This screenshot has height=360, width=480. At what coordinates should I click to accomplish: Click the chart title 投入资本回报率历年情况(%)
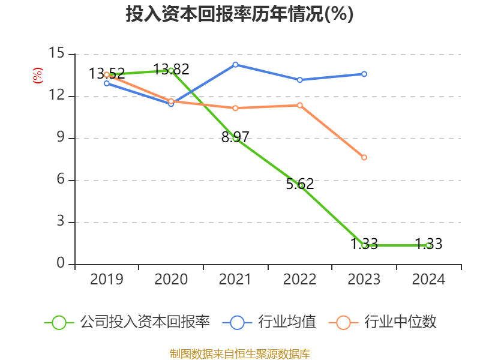pos(239,14)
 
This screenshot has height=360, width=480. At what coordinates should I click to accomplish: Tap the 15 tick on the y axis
pos(56,54)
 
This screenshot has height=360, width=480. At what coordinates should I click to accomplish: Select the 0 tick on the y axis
pos(60,264)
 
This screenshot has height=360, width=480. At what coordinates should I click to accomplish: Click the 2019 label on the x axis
pos(107,280)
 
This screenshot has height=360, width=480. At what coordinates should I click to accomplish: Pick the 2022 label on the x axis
pos(299,280)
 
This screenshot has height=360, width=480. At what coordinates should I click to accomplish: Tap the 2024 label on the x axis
pos(428,280)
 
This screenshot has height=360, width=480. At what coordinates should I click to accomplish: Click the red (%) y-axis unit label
pos(38,76)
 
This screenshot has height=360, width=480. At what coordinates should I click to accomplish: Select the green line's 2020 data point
pos(171,70)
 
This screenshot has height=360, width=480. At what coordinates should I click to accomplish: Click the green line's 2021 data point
pos(236,138)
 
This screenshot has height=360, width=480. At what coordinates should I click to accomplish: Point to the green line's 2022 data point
pos(301,185)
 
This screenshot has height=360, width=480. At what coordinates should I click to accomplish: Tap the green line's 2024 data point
pos(428,245)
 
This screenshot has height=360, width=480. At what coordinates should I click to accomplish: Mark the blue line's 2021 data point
pos(235,64)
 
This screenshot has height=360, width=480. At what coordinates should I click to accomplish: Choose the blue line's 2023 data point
pos(364,74)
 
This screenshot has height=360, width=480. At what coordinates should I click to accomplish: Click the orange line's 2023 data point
pos(364,157)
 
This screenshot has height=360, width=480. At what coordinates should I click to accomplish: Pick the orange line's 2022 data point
pos(300,105)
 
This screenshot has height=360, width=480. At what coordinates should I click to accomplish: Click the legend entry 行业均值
pos(270,322)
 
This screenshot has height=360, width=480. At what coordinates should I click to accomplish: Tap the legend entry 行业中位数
pos(384,322)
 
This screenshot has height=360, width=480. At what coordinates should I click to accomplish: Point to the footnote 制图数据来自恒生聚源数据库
pos(239,353)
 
